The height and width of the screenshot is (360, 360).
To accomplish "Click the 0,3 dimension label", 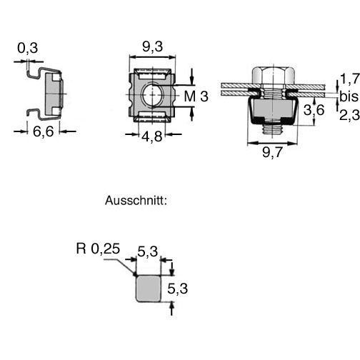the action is (28, 48).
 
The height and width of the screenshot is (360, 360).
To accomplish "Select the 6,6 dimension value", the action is (44, 131).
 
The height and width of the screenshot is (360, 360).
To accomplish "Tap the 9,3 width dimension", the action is (153, 46).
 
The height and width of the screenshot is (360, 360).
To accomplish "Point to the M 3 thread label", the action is (196, 96).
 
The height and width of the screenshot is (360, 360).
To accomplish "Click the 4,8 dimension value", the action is (152, 136).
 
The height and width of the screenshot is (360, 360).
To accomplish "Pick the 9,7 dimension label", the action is (272, 152).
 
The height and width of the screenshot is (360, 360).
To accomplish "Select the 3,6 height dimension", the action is (314, 110).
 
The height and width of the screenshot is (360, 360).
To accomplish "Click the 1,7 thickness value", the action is (350, 79).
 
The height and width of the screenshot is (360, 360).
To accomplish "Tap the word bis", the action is (349, 96).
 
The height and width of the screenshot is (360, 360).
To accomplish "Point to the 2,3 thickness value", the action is (349, 115).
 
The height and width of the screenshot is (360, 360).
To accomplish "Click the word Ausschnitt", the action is (136, 201).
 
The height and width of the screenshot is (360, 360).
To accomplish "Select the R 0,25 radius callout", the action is (98, 249).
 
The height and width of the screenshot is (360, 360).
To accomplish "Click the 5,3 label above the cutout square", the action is (148, 252).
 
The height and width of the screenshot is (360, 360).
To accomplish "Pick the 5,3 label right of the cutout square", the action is (178, 289).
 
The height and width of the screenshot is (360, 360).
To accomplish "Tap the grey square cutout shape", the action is (149, 289).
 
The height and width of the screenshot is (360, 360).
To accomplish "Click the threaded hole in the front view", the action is (152, 95).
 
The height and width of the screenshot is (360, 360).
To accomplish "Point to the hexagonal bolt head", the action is (274, 76).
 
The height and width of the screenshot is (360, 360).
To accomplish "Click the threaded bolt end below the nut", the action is (273, 129).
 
